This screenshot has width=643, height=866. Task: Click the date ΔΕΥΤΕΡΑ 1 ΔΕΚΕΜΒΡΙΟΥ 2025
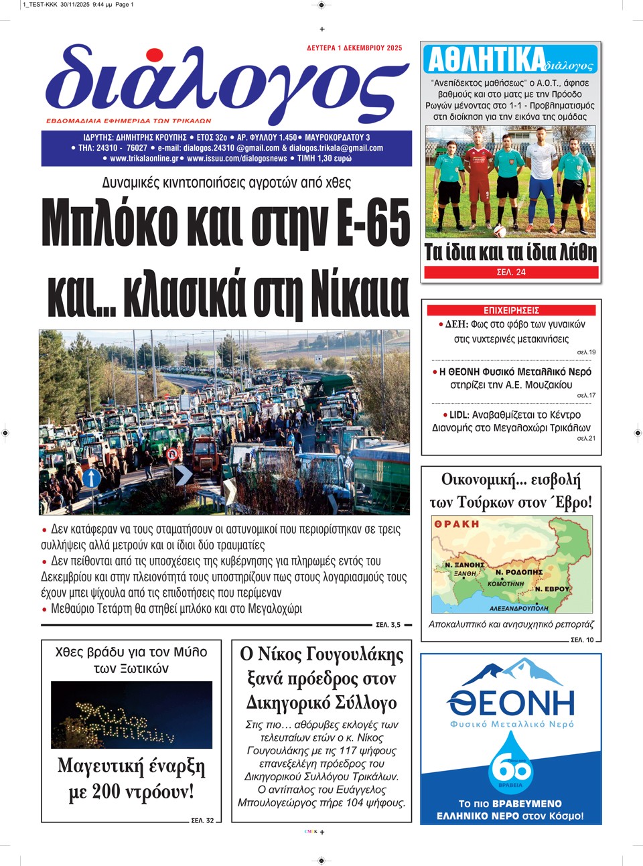[x=354, y=48]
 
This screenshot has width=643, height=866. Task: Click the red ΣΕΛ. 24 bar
[x=510, y=272]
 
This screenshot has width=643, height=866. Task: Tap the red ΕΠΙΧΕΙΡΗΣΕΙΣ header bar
[x=511, y=310]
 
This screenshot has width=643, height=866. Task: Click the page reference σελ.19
[x=586, y=352]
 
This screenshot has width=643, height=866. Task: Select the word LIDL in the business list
[x=459, y=415]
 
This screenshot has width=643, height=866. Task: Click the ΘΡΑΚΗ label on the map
[x=457, y=524]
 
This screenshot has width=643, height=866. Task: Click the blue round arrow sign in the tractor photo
[x=92, y=478]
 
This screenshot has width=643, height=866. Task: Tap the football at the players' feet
[x=499, y=230]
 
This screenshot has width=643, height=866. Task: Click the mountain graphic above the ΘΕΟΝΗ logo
[x=511, y=672]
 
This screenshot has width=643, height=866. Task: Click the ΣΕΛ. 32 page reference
[x=202, y=820]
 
